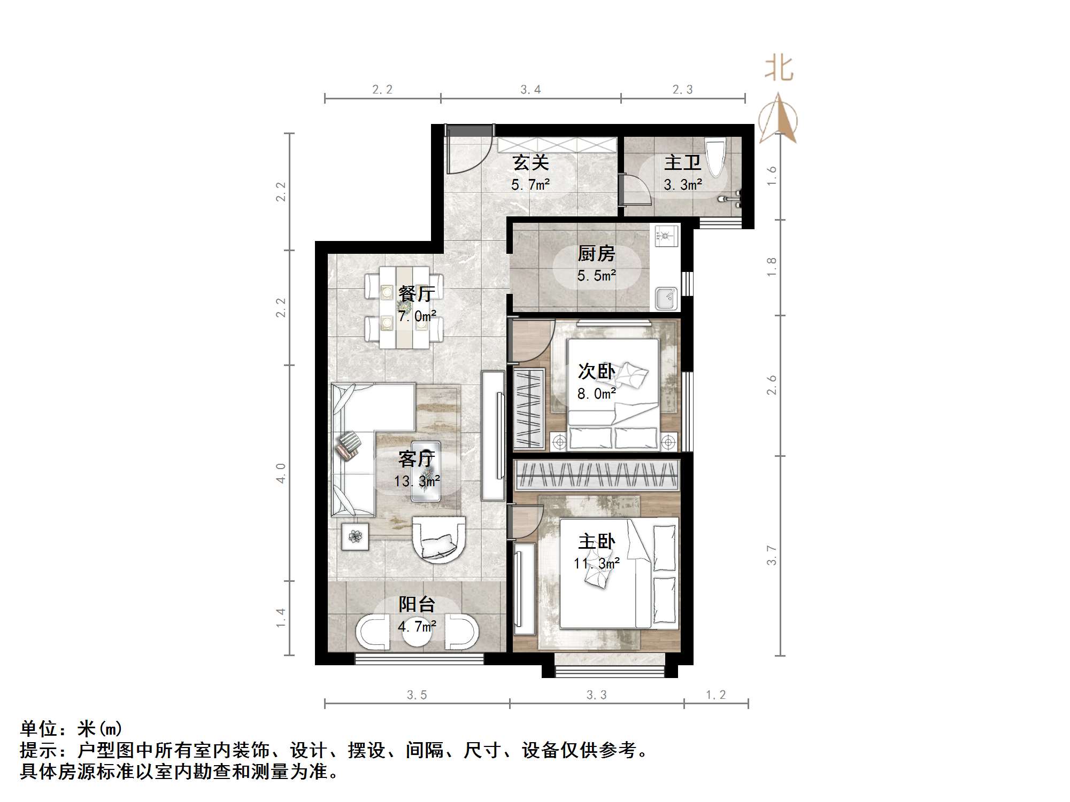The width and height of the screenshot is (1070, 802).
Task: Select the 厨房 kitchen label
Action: point(596,254)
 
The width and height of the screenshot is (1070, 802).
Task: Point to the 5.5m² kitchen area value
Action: point(596,276)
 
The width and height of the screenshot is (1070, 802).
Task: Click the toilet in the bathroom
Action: point(715,156)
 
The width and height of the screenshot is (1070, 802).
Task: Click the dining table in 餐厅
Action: point(405,307)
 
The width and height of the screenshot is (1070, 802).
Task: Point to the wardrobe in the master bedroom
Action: point(596,475)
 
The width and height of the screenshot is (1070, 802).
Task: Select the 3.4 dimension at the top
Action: point(530,90)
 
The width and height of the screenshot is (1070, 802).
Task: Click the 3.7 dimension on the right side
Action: point(772,555)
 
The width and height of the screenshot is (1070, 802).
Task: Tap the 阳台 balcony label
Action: point(417,604)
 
